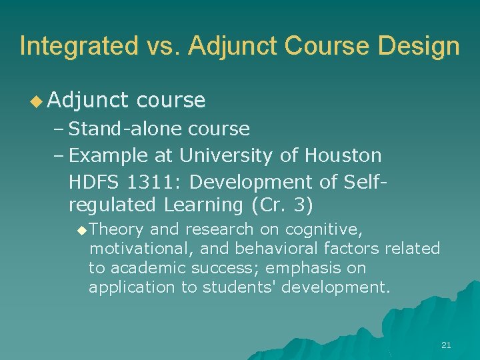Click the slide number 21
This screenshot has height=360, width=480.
[x=446, y=345]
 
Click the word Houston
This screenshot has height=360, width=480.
[x=343, y=155]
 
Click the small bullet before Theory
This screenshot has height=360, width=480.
[x=81, y=231]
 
